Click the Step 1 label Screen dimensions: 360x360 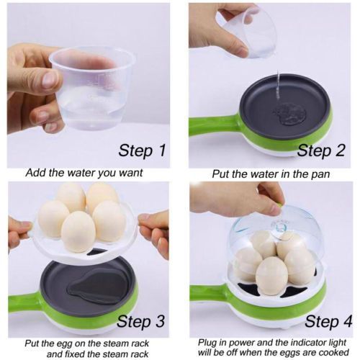coord(142,150)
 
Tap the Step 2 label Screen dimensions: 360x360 coord(321,150)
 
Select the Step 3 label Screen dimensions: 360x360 coord(141,321)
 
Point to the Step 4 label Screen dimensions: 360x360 coord(328,321)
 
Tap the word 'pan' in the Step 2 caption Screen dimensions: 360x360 coord(320,174)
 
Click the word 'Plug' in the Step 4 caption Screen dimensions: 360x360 coord(207,343)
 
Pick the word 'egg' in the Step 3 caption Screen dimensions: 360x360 coord(65,344)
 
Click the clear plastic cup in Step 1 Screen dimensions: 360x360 coord(92,89)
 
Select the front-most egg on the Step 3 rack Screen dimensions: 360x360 coord(78,232)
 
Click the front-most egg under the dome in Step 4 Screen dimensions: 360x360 coord(271,276)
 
